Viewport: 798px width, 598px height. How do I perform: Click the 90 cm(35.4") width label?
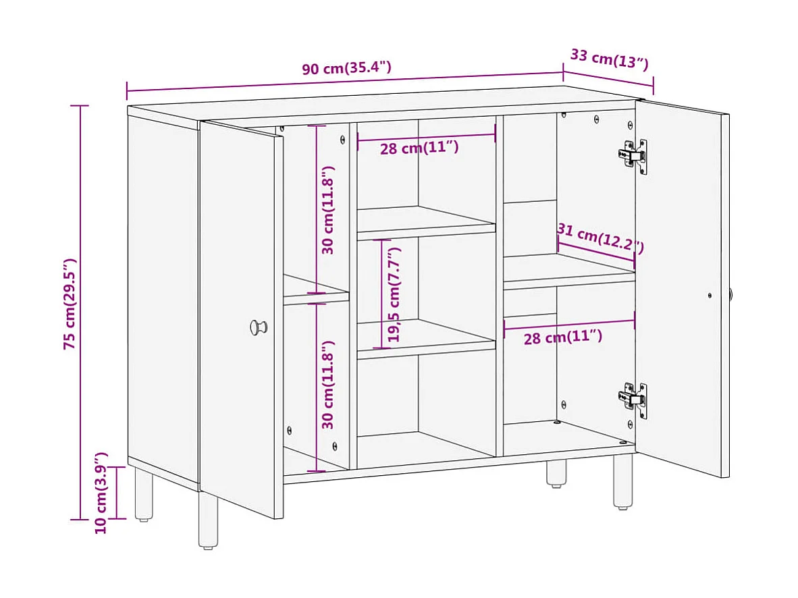(346, 68)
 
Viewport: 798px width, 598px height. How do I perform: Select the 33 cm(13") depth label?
(609, 59)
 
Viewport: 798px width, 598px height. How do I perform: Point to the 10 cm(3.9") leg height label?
(101, 493)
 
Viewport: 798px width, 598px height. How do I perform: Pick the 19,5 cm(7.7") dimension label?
(395, 294)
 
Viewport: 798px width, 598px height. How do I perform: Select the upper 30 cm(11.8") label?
(328, 210)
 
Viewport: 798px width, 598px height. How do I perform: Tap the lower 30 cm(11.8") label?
(328, 385)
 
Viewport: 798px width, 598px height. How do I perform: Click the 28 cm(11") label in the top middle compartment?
(419, 148)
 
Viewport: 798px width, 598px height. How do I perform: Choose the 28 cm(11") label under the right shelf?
(562, 337)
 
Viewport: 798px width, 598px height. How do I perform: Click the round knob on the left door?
(258, 327)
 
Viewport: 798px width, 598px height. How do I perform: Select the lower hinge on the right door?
(633, 400)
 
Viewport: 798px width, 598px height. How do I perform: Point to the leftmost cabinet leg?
(143, 496)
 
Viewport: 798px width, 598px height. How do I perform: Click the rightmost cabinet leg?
(622, 481)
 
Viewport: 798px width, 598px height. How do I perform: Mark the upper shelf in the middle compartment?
(425, 223)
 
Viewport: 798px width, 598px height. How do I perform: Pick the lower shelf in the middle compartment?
(425, 336)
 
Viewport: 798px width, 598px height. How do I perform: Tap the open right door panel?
(682, 290)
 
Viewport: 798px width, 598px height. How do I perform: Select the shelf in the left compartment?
(315, 289)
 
